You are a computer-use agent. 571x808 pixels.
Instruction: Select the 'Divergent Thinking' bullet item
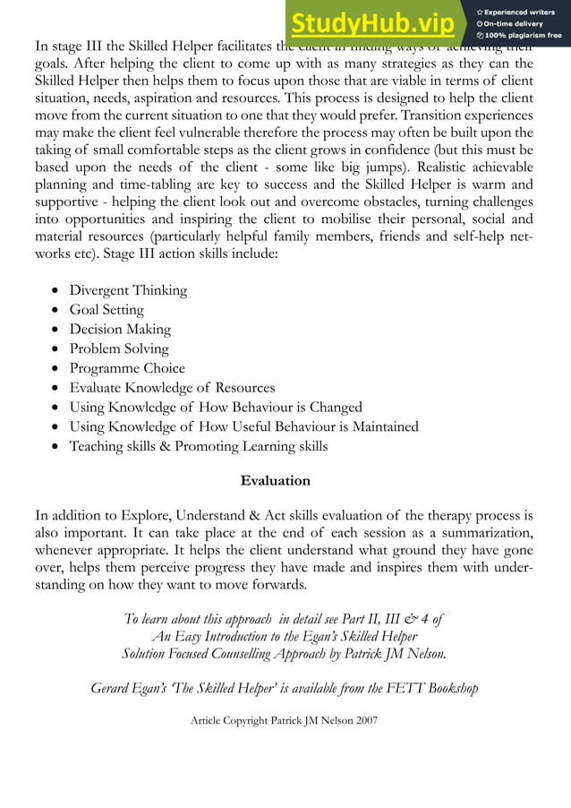click(128, 290)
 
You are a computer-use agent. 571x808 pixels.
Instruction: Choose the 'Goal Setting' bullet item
click(107, 310)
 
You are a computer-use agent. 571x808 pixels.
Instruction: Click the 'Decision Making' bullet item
click(120, 330)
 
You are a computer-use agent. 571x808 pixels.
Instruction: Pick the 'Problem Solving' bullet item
click(119, 348)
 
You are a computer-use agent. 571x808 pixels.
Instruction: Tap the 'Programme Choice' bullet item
click(127, 368)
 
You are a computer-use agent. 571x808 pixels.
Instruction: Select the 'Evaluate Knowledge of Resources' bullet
click(172, 388)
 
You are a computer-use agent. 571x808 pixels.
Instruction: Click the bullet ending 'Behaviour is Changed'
click(216, 408)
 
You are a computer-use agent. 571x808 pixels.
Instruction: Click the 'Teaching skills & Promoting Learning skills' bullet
click(199, 446)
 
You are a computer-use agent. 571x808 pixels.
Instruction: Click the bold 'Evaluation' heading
click(276, 481)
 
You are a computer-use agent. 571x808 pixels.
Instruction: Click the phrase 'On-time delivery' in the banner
click(518, 23)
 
